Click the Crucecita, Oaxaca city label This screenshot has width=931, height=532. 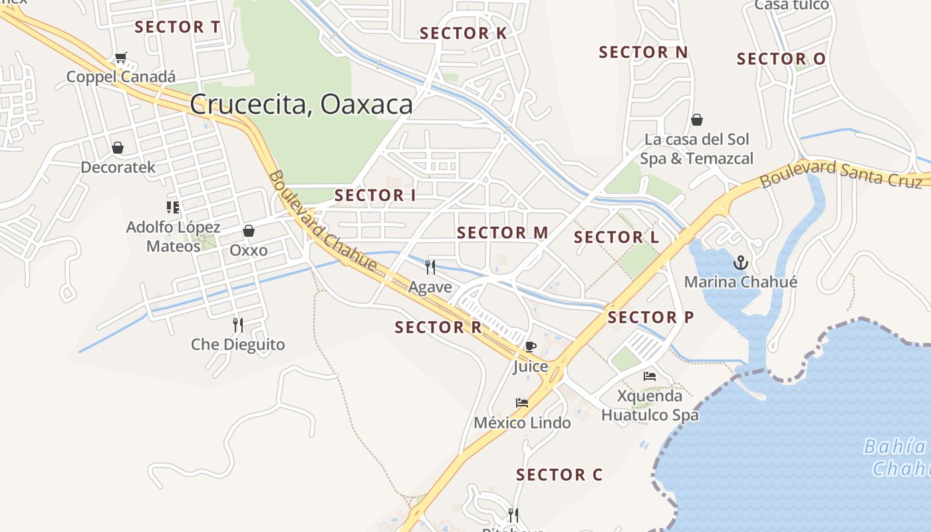point(301,104)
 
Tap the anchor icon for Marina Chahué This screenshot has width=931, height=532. point(740,263)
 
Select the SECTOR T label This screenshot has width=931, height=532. point(177,27)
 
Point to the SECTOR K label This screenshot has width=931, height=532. point(463,33)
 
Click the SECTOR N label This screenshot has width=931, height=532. point(643,52)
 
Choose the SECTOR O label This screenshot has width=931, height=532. point(781,59)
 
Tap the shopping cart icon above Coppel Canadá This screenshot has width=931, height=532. point(120,58)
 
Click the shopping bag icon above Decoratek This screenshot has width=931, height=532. point(118,148)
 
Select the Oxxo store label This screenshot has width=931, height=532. point(249,251)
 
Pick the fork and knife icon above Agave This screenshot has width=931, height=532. point(430,267)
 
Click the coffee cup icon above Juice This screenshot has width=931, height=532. point(530,346)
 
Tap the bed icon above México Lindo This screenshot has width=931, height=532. point(522,403)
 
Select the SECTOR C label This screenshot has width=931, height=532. point(559,475)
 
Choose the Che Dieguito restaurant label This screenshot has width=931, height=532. point(238,344)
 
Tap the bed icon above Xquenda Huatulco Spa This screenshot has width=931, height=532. point(650,376)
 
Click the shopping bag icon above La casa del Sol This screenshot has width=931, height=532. point(696,120)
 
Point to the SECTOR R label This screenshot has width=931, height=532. point(438,327)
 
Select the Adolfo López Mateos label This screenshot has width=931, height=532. point(173,237)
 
